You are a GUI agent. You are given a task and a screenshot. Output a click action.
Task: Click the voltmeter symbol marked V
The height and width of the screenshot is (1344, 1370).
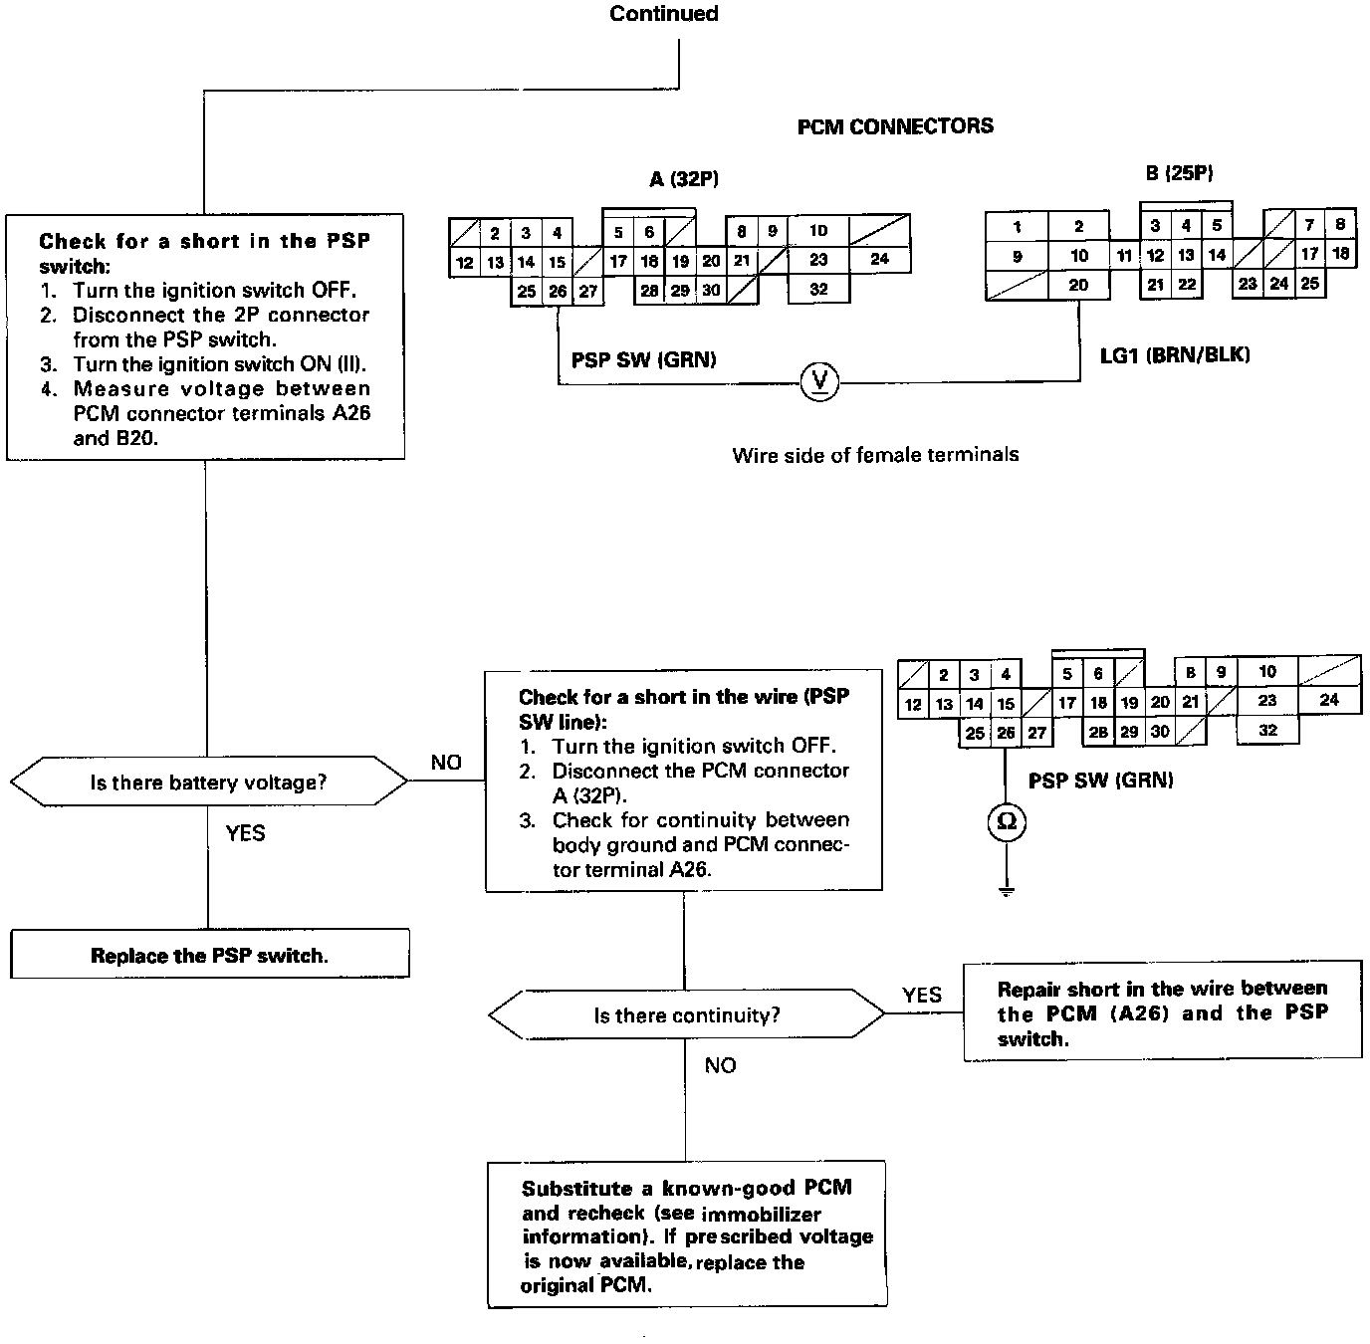pos(820,381)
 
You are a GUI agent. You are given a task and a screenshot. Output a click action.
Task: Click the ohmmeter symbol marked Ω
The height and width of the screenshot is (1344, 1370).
pos(1007,821)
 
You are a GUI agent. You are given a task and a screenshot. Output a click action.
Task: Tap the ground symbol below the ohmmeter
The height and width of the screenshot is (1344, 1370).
pos(1007,889)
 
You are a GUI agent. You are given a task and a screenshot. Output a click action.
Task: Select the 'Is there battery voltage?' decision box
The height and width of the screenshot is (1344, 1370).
pos(208,783)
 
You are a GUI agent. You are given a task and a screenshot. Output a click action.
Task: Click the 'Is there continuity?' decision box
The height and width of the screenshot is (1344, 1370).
pos(686,1015)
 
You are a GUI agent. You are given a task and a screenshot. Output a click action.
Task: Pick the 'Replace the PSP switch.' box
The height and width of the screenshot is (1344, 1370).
pos(209,955)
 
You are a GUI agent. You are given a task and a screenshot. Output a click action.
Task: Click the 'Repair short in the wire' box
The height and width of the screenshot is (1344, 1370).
pos(1162,1012)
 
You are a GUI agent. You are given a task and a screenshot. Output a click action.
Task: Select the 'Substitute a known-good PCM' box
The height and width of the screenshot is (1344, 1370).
pos(687,1235)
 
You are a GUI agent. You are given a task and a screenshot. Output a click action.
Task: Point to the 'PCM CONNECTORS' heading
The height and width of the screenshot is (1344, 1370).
pos(895,126)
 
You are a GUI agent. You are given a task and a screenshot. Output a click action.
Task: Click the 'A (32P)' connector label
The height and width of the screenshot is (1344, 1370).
pos(684,179)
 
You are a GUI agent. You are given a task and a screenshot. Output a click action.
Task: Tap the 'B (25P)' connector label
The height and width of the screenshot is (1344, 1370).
pos(1179,173)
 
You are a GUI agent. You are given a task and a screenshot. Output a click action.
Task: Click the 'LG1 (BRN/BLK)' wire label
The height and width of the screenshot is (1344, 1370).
pos(1175,354)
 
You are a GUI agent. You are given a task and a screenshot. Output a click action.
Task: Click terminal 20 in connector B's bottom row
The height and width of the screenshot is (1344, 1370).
pos(1078,285)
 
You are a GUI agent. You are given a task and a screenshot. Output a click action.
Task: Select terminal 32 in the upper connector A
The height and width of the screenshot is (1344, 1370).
pos(818,289)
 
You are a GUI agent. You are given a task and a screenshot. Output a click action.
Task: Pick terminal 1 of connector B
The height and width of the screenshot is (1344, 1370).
pos(1017,227)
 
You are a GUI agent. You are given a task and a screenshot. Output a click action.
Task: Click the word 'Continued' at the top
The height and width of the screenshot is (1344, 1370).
pos(664,14)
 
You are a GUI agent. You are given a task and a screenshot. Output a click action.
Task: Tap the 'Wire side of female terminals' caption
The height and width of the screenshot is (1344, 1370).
pos(875,455)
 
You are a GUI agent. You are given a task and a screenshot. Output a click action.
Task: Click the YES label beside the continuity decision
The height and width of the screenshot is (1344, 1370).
pos(921,995)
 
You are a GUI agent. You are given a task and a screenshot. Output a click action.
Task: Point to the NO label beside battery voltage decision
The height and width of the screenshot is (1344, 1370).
pos(446,763)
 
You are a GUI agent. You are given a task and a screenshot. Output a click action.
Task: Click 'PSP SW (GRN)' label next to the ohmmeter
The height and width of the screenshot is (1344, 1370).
pos(1100,781)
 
